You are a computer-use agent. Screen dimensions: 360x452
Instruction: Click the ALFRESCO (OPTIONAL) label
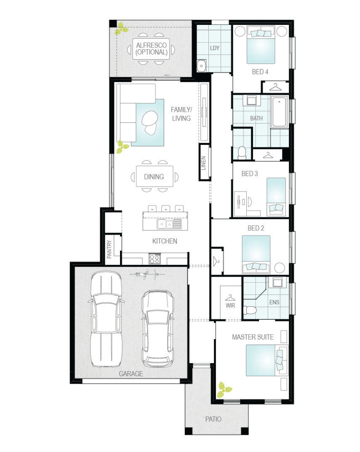[151, 49]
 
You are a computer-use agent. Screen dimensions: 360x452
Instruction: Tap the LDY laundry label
[214, 48]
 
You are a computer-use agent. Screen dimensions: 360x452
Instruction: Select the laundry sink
[201, 66]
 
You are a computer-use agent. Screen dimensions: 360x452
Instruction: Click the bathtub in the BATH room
[279, 112]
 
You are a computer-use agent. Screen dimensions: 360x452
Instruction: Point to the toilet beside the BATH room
[242, 153]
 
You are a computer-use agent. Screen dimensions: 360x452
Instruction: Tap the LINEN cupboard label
[203, 163]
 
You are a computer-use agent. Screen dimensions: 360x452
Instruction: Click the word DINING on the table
[154, 177]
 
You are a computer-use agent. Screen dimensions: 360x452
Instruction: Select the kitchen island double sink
[169, 224]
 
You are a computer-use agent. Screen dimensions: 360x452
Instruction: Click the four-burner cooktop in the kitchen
[155, 258]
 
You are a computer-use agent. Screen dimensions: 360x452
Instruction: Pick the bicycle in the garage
[147, 274]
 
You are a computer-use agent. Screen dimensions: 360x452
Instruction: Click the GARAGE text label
[131, 374]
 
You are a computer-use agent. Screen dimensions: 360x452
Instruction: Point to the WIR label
[230, 305]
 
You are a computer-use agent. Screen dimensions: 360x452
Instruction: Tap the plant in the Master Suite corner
[224, 390]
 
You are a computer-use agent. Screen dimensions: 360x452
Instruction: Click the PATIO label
[213, 419]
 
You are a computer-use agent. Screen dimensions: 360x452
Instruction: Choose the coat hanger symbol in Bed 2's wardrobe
[216, 261]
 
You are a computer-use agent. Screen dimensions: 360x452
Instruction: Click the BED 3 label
[250, 174]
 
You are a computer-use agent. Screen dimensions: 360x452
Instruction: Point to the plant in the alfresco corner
[122, 29]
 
